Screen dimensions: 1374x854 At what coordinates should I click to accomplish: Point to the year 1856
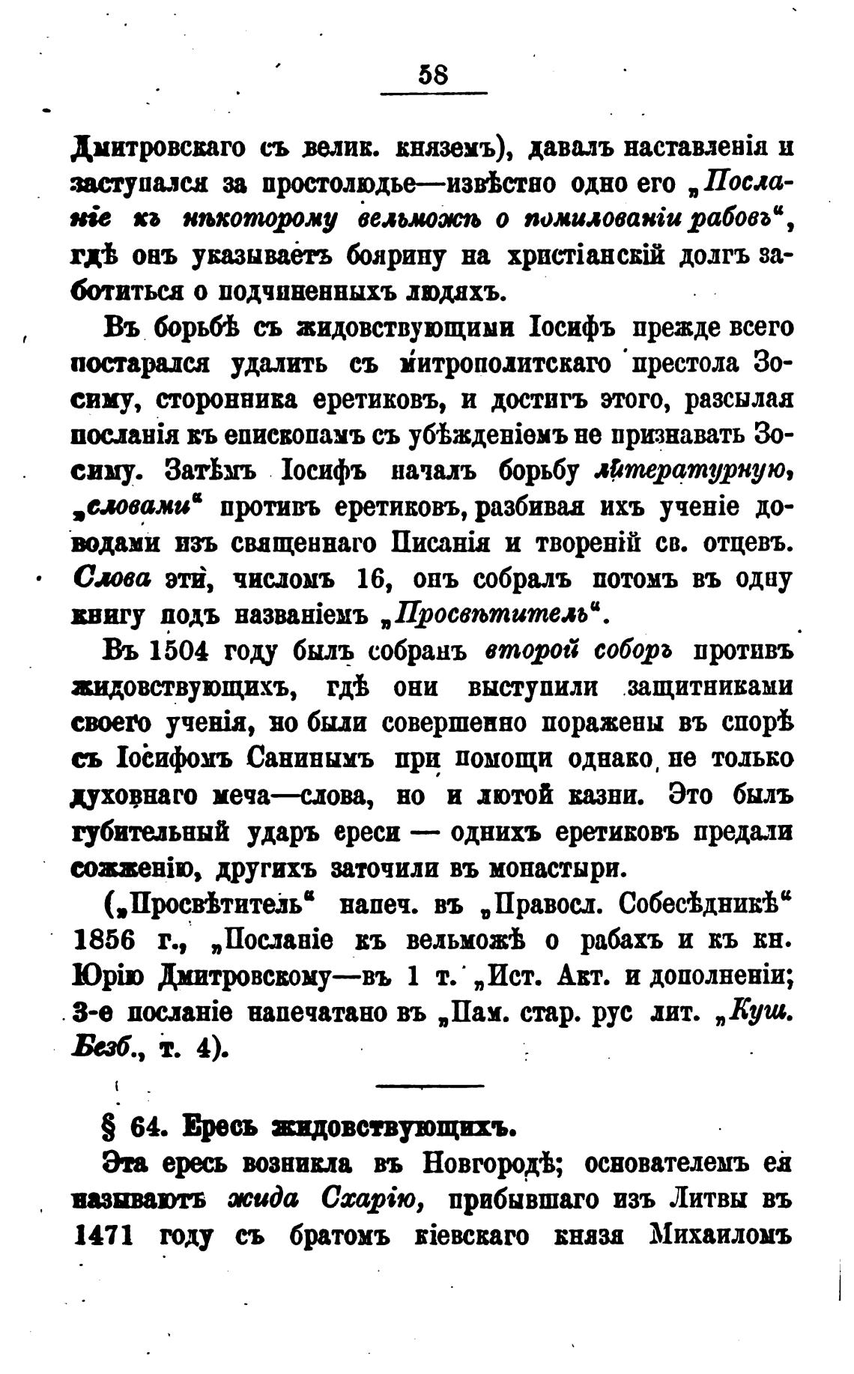tap(106, 940)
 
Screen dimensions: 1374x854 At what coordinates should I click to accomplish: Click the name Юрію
tap(109, 976)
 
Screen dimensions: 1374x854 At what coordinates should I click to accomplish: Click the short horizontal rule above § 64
tap(431, 1085)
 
